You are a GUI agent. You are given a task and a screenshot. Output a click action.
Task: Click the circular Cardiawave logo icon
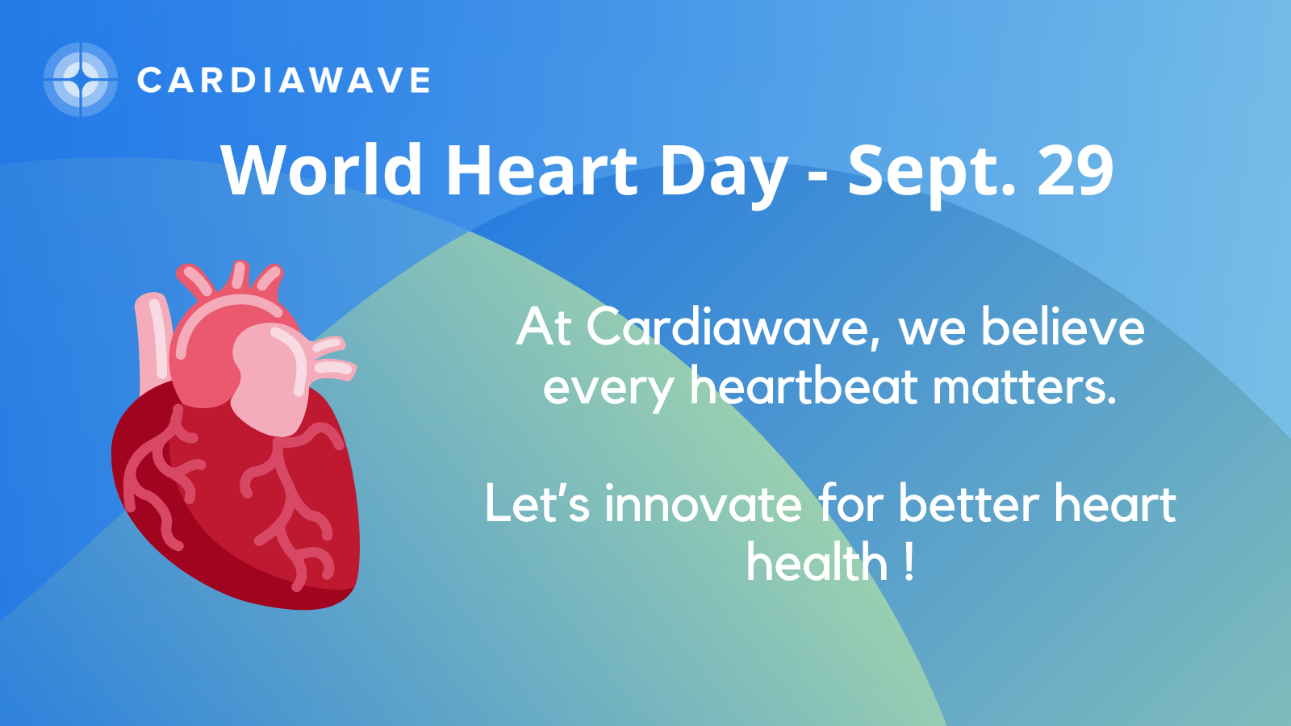pos(81,80)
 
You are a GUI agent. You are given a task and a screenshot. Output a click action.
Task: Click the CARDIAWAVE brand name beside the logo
pos(283,80)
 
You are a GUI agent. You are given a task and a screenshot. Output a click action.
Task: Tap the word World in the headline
pos(322,171)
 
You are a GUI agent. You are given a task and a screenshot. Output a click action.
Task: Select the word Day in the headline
pos(724,176)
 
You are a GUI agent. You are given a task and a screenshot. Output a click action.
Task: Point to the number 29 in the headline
pos(1076,171)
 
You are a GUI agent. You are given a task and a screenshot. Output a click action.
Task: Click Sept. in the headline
pos(931,176)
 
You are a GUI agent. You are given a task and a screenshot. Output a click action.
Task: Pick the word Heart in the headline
pos(541,171)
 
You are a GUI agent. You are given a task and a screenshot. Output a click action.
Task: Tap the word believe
pos(1063,326)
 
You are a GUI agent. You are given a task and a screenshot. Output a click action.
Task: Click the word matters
pos(1025,387)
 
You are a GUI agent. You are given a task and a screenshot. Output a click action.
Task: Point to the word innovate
pos(703,503)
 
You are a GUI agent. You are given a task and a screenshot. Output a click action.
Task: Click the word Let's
pos(537,503)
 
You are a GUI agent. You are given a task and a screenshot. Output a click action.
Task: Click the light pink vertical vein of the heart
pos(152,343)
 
